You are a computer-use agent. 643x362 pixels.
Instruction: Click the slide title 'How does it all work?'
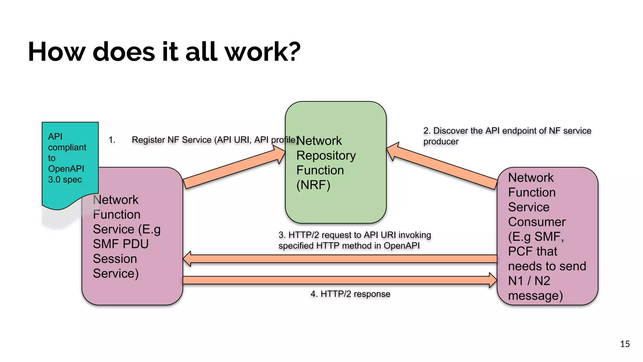pos(164,52)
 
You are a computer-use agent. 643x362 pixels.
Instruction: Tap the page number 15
pos(625,344)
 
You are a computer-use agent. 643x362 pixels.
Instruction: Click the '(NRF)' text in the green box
pos(313,185)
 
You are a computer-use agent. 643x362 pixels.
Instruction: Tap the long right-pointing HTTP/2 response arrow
pos(339,280)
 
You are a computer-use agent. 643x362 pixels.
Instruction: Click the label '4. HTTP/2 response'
pos(350,294)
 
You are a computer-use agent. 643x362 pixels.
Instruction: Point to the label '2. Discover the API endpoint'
pos(507,131)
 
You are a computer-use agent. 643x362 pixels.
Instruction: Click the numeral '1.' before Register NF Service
pos(112,140)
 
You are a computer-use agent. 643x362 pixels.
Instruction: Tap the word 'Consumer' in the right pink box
pos(537,222)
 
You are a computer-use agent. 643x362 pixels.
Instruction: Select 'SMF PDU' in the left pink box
pos(121,244)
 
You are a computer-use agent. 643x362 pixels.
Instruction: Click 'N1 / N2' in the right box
pos(529,281)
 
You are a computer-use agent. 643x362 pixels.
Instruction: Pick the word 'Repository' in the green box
pos(326,156)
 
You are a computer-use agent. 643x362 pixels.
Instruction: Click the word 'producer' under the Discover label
pos(441,142)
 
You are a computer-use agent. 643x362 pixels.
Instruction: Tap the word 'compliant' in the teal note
pos(67,147)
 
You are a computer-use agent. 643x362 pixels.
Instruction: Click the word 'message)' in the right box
pos(535,296)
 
